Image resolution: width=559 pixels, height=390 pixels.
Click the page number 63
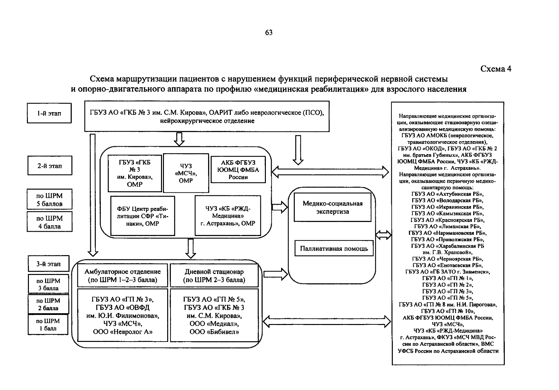pos(268,32)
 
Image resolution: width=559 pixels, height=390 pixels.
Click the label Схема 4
pos(496,69)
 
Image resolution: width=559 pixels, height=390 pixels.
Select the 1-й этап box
pos(49,113)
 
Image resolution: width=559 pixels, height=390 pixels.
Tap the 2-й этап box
pos(49,166)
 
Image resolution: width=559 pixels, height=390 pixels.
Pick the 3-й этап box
pos(48,264)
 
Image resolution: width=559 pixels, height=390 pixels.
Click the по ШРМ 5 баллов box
pos(49,200)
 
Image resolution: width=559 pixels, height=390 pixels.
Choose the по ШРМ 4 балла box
pos(49,222)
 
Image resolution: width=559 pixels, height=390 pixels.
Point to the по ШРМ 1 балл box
pos(48,324)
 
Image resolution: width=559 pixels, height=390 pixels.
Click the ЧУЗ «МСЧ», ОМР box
pos(186,173)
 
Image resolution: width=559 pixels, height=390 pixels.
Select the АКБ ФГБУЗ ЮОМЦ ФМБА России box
pos(238,170)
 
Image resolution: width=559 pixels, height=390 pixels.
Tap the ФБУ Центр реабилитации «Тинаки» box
pos(143,216)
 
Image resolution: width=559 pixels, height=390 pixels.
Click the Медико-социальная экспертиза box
pos(332,207)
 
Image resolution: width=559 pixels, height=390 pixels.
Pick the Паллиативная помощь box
pos(334,249)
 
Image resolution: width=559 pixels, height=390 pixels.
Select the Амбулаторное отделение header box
pos(123,276)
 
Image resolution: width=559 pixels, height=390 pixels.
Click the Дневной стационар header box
pos(214,276)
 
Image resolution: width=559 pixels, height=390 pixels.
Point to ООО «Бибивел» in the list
pos(214,332)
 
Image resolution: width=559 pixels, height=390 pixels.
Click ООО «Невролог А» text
pos(123,332)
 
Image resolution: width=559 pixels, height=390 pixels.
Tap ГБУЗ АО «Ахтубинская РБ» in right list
pos(447,194)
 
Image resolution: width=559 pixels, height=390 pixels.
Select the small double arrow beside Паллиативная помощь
pos(383,235)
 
